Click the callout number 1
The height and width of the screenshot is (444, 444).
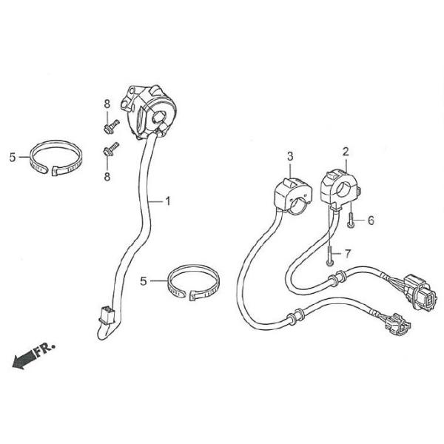(168, 201)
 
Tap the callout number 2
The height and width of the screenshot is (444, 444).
(346, 152)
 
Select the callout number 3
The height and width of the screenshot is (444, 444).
(290, 156)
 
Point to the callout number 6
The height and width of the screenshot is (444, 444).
(371, 221)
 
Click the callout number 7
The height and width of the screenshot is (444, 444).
(348, 254)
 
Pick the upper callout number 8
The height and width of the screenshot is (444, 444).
(107, 104)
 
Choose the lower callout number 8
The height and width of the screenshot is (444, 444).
(107, 176)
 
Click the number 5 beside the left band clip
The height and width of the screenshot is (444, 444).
(13, 157)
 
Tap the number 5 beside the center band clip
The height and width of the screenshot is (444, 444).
(144, 281)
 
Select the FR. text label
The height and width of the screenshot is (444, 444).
(44, 349)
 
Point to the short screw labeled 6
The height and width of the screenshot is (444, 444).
(350, 221)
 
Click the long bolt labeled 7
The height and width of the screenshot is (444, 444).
(329, 256)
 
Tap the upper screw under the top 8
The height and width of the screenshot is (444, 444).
(111, 127)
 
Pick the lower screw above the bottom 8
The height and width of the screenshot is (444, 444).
(111, 149)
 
